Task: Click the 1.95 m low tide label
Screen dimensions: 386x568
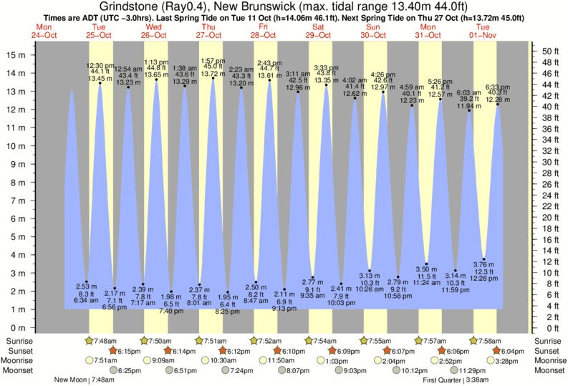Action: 228,296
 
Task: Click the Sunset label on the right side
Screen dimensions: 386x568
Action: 548,351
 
